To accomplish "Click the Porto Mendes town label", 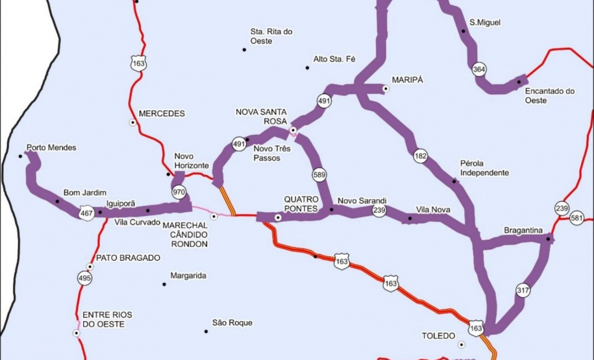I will tap(51, 148).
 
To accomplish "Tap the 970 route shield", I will tap(179, 192).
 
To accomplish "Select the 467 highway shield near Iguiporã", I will tap(84, 213).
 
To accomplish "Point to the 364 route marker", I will tap(479, 70).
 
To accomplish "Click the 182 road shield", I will tap(421, 156).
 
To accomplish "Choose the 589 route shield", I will tap(319, 174).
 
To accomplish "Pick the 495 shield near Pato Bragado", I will tap(85, 278).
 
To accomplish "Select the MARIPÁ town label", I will tap(408, 80).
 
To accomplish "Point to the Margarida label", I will tap(188, 276).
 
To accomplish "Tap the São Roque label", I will tap(232, 322).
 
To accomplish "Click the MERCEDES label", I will tap(162, 114).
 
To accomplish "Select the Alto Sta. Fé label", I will tap(335, 59).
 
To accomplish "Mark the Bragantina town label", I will tap(523, 230).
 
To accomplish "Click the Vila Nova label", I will tap(433, 210).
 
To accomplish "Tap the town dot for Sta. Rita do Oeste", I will tap(245, 49).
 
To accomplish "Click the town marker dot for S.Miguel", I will tap(463, 31).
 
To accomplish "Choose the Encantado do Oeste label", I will tap(551, 95).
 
